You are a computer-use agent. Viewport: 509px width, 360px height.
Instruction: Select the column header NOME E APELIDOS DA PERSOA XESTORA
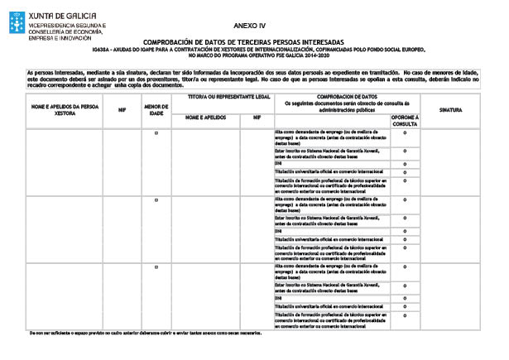(x=65, y=109)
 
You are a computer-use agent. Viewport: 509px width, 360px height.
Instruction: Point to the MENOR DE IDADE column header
(x=156, y=109)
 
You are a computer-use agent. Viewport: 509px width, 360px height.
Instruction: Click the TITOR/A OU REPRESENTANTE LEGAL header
(x=219, y=98)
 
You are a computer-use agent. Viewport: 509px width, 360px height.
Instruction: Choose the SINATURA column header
(x=451, y=109)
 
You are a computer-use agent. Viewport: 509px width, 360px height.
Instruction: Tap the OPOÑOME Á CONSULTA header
(x=405, y=120)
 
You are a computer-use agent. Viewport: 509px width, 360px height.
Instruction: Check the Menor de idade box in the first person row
(x=156, y=133)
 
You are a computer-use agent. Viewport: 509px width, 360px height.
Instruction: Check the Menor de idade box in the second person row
(x=156, y=200)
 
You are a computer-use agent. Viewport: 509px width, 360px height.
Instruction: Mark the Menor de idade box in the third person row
(x=156, y=267)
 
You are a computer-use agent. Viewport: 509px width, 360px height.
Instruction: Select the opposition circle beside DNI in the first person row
(x=405, y=164)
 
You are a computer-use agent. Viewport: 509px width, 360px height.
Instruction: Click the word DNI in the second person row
(x=279, y=231)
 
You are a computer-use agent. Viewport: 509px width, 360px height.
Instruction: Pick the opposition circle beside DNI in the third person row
(x=405, y=298)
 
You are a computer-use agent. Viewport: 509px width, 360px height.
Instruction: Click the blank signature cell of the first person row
(x=451, y=161)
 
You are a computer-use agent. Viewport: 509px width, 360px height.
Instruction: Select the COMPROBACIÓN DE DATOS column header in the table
(x=347, y=98)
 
